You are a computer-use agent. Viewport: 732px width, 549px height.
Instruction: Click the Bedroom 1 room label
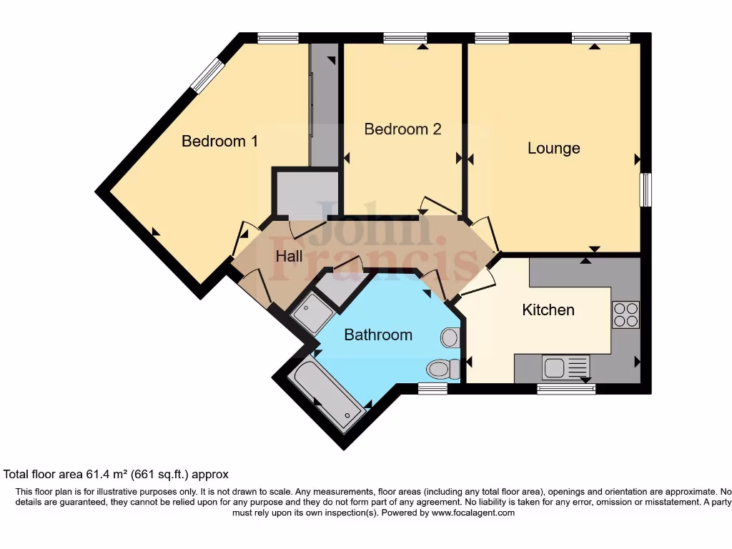[219, 141]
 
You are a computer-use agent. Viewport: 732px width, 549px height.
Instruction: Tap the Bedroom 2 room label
[402, 129]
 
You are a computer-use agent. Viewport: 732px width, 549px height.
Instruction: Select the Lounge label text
[553, 148]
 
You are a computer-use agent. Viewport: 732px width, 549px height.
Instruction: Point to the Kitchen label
[548, 310]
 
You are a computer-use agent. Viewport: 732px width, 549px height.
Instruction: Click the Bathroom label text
[378, 335]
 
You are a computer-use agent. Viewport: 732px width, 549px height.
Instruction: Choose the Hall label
[289, 256]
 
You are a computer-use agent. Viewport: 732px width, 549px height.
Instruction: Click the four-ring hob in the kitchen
[626, 315]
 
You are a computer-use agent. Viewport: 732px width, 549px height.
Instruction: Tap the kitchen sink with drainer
[565, 367]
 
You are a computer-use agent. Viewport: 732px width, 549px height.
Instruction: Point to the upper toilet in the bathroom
[451, 337]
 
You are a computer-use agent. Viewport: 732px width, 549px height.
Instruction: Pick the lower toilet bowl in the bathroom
[443, 369]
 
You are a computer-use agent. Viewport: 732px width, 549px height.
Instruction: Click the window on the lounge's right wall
[646, 189]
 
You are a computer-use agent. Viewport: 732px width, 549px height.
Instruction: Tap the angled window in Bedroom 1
[207, 75]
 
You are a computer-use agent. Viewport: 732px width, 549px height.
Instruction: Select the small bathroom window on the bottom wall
[432, 388]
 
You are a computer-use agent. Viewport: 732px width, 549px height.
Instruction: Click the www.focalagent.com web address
[473, 513]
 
